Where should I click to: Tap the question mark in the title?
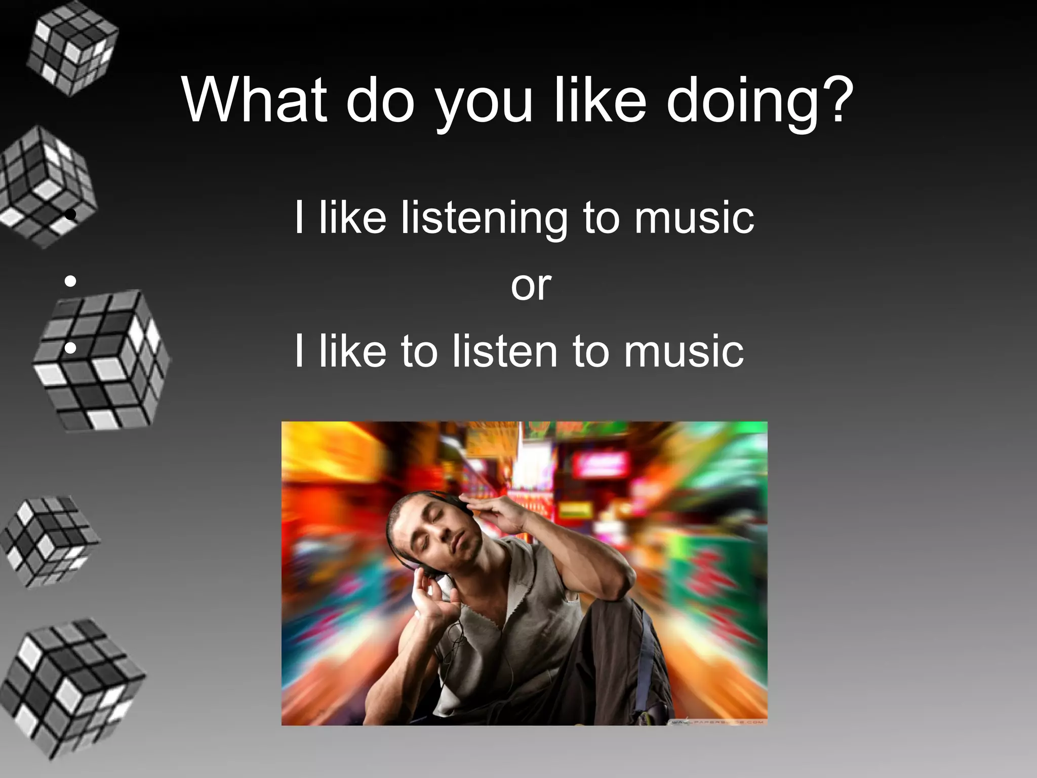[x=836, y=100]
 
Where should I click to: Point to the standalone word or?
[x=531, y=286]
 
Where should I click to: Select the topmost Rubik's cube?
[x=72, y=50]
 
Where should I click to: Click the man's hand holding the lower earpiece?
[x=430, y=598]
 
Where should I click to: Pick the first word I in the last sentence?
[x=299, y=351]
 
